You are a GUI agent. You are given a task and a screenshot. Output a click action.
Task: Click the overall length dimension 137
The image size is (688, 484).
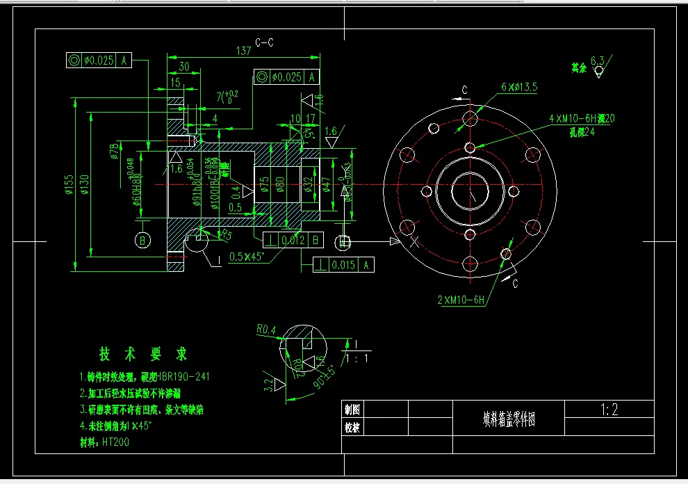click(243, 51)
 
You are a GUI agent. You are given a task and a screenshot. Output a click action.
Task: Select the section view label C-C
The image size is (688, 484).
click(264, 42)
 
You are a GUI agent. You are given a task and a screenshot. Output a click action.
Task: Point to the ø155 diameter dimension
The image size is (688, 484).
click(69, 184)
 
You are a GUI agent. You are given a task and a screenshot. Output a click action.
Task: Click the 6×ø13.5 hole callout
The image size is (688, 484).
click(519, 87)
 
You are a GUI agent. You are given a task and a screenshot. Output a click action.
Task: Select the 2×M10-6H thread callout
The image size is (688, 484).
click(460, 300)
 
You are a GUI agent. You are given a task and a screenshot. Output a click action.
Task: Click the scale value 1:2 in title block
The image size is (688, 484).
click(609, 410)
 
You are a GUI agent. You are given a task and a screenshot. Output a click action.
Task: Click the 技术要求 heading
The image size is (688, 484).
click(143, 354)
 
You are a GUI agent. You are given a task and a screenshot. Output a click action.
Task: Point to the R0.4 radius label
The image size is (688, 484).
click(266, 328)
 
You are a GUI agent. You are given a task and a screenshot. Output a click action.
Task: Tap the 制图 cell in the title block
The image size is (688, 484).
click(353, 409)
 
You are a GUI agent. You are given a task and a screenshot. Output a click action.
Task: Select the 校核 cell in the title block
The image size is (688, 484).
click(353, 428)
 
